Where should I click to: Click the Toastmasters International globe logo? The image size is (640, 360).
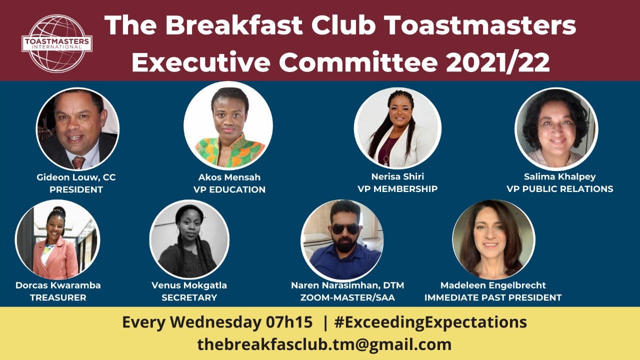57,43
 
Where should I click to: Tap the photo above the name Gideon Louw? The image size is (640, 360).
77,129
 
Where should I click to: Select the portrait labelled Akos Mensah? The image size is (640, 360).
228,125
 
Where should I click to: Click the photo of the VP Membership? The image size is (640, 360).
397,128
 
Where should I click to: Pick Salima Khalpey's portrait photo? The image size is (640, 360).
556,129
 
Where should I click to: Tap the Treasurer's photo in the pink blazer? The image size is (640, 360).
57,239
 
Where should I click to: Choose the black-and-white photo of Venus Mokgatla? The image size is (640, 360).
189,239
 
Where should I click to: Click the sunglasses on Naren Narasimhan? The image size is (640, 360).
345,229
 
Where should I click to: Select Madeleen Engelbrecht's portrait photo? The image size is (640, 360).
493,239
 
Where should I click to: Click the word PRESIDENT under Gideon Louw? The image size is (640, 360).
76,189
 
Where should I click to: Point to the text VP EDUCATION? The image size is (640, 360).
229,189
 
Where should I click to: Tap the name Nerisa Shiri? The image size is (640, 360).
397,176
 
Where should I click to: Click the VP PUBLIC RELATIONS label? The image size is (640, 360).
560,189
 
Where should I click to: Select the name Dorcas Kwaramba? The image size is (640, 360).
58,285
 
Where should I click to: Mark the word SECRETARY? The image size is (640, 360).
189,297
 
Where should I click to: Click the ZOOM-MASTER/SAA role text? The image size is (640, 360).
347,297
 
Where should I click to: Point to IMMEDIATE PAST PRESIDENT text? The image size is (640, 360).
493,297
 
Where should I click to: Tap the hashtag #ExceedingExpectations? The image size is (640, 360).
430,322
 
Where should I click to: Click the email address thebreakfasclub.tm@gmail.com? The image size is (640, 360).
324,344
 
